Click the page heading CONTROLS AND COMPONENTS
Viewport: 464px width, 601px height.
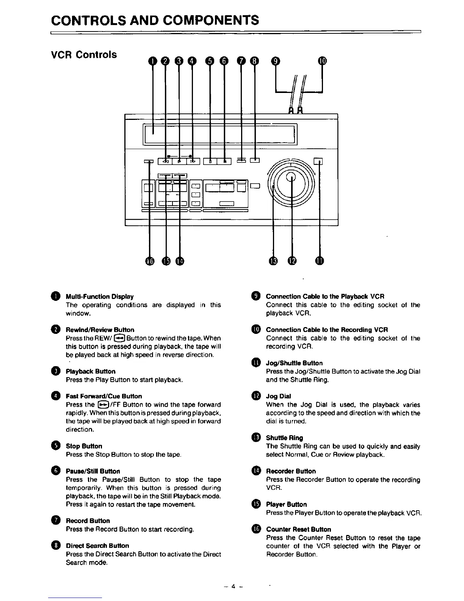coord(155,20)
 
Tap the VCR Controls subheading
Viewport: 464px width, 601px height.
coord(84,55)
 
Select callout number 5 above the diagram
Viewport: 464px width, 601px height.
coord(210,61)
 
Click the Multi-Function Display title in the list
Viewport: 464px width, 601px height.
coord(100,296)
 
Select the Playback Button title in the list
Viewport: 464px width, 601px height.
coord(91,371)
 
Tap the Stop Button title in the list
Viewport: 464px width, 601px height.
coord(84,446)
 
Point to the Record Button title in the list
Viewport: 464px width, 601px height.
coord(88,521)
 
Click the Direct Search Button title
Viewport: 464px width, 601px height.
coord(97,546)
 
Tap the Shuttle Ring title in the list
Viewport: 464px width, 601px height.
coord(284,438)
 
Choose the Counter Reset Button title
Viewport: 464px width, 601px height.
coord(298,529)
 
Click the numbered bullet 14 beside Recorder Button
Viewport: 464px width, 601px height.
coord(256,471)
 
